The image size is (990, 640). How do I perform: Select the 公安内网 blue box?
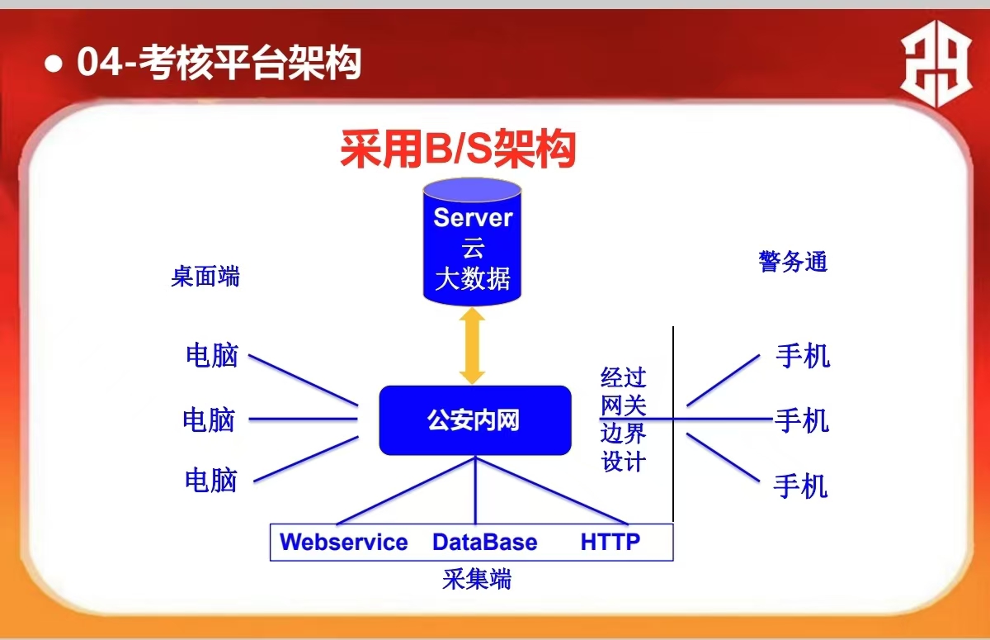(475, 420)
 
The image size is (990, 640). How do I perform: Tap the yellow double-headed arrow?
(472, 346)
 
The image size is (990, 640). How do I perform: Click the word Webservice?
(344, 542)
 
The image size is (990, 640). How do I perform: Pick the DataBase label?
(485, 542)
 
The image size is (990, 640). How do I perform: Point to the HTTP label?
(610, 542)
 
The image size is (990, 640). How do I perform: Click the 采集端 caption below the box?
(477, 579)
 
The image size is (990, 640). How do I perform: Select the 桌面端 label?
(205, 277)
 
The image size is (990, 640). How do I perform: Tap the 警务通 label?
(793, 262)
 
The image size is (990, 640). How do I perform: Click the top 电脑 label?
(212, 355)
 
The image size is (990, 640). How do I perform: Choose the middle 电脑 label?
(209, 420)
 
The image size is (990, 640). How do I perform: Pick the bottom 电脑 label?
(211, 481)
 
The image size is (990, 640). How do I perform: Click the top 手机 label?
(803, 356)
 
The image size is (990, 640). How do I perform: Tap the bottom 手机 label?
(800, 486)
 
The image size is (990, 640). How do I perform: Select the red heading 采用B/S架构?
(459, 149)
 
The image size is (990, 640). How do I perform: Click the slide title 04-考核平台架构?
(219, 63)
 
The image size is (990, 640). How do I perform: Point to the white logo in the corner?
(936, 64)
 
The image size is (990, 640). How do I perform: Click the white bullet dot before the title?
(54, 63)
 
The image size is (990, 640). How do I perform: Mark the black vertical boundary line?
(673, 424)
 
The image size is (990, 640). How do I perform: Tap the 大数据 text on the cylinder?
(473, 278)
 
